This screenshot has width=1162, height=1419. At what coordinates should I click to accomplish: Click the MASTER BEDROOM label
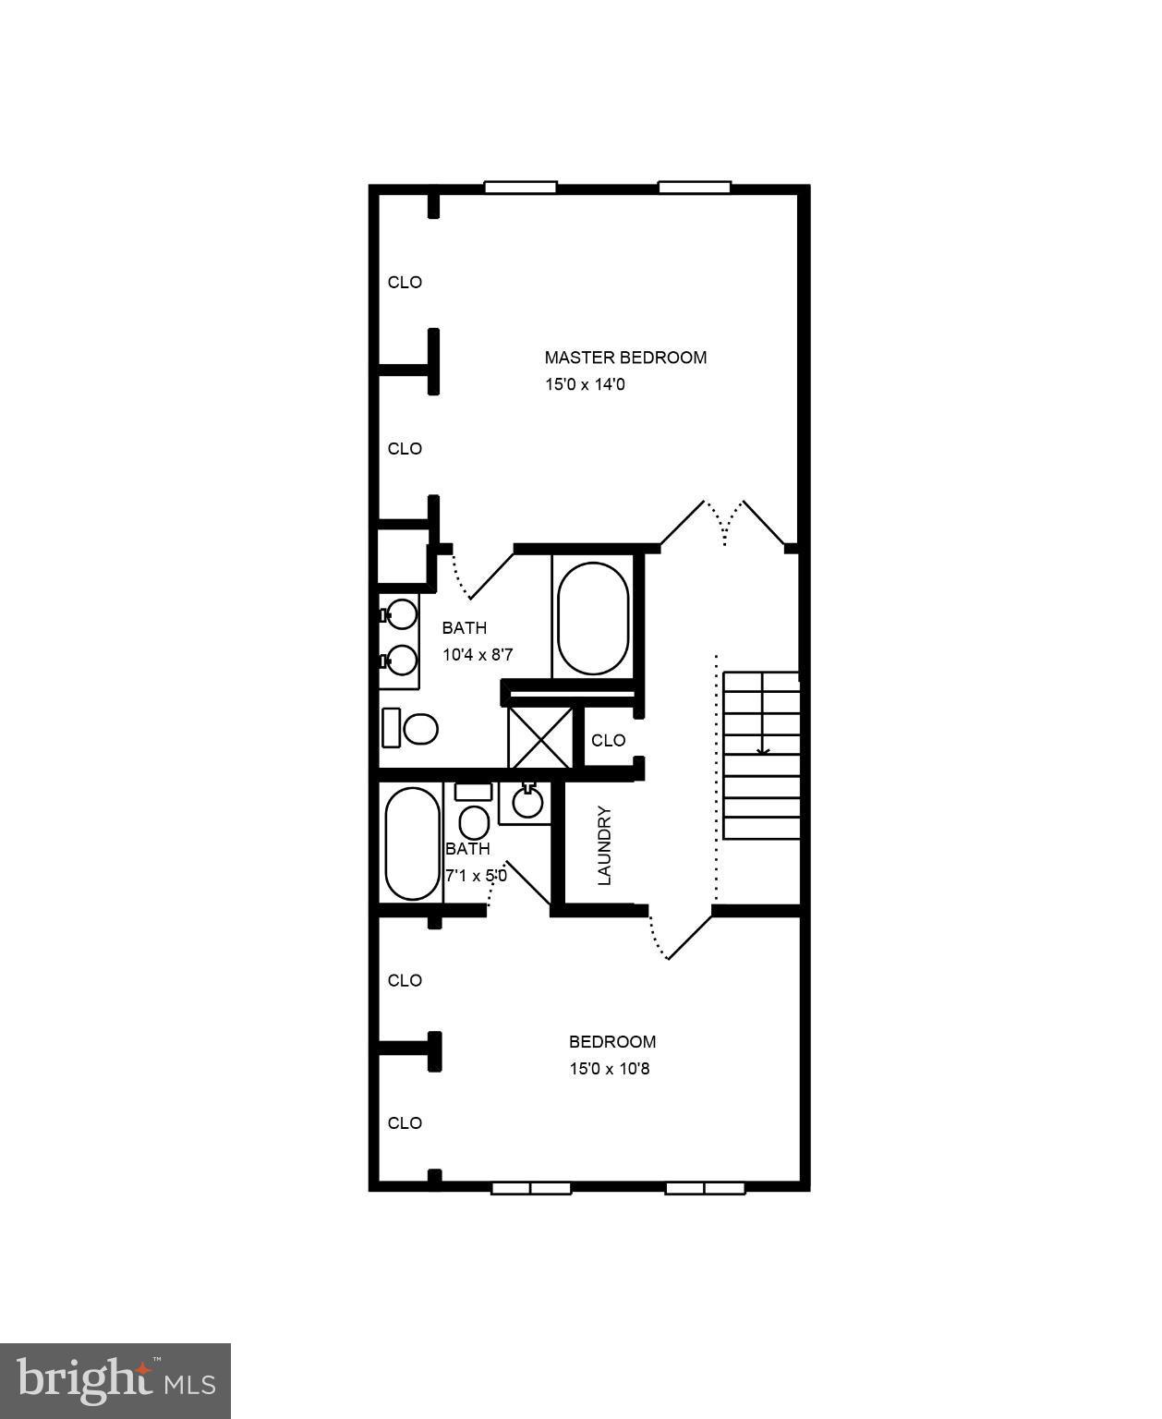point(625,358)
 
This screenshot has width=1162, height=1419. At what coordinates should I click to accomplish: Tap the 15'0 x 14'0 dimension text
point(585,384)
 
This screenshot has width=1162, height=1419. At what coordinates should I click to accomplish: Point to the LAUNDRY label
point(605,845)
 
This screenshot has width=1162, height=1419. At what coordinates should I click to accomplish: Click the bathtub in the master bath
point(593,617)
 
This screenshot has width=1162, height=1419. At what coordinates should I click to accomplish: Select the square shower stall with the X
point(540,736)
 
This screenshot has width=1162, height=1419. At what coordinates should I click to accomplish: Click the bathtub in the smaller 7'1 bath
point(412,843)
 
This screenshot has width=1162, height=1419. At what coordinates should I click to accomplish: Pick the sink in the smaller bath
point(527,802)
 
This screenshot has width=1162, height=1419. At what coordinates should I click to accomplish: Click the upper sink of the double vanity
point(402,612)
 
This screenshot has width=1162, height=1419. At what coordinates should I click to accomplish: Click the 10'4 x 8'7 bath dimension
point(478,655)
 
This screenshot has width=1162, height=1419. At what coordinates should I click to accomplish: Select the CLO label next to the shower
point(608,740)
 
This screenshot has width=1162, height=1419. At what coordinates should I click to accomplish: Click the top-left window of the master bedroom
point(521,188)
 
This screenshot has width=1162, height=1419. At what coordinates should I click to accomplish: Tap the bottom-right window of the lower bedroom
point(705,1188)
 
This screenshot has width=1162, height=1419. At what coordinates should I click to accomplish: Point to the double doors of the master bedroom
point(726,525)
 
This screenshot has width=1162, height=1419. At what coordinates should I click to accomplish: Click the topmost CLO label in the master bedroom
point(405,283)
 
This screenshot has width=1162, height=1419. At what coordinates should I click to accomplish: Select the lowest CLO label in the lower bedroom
point(405,1123)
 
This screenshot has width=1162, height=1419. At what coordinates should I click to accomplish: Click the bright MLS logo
point(115,1381)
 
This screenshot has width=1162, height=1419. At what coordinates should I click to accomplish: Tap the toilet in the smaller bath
point(474,820)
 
